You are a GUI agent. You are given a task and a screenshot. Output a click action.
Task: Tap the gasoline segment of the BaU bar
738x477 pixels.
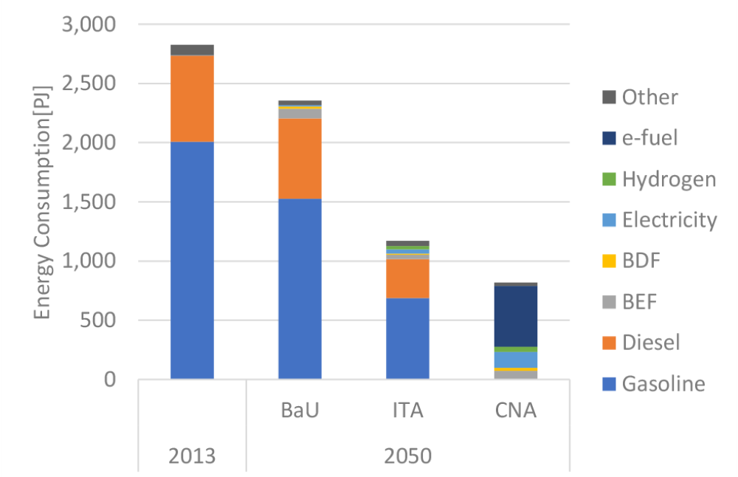pyautogui.click(x=300, y=289)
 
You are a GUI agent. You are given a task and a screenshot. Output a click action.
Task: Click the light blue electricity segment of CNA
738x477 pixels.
pyautogui.click(x=515, y=359)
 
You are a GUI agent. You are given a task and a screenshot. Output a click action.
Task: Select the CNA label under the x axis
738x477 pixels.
pyautogui.click(x=515, y=410)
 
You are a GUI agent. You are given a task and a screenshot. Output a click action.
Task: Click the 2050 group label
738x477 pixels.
pyautogui.click(x=407, y=455)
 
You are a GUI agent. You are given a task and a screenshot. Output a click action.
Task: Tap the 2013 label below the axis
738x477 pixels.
pyautogui.click(x=192, y=455)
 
